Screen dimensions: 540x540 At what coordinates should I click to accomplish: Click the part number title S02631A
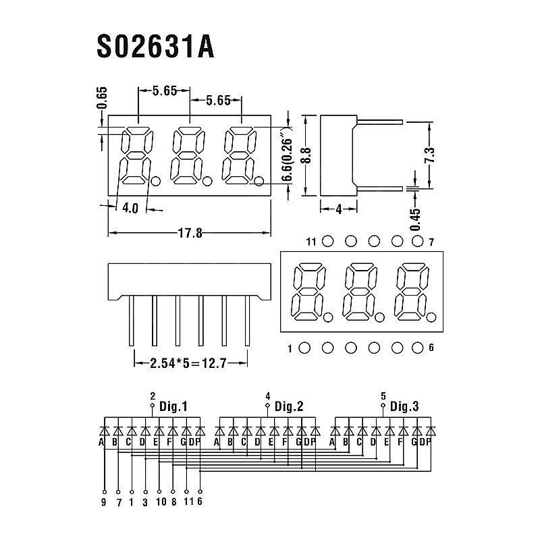coord(156,47)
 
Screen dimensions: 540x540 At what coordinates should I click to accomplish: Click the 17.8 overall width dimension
coord(190,233)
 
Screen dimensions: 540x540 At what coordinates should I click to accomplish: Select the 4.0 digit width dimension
coord(130,209)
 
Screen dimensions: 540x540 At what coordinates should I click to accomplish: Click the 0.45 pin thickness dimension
coord(415,219)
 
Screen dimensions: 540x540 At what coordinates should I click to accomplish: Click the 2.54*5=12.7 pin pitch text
coord(190,363)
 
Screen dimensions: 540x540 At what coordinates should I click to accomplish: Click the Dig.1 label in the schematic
coord(173,406)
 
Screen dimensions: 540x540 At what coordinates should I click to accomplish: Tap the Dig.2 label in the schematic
coord(289,406)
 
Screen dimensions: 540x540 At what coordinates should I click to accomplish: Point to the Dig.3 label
coord(404,406)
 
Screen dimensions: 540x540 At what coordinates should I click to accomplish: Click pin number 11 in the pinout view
coord(310,242)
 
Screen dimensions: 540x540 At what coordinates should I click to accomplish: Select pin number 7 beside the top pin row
coord(431,242)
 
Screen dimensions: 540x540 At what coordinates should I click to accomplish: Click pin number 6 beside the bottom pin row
coord(431,348)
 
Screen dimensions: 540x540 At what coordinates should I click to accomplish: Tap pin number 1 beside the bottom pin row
coord(290,349)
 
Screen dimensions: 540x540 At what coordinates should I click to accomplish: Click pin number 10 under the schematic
coord(159,501)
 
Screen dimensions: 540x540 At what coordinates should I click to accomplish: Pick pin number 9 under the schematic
coord(104,501)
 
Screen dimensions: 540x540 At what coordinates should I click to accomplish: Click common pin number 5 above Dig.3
coord(383,396)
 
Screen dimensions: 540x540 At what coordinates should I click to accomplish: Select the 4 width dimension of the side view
coord(338,209)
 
